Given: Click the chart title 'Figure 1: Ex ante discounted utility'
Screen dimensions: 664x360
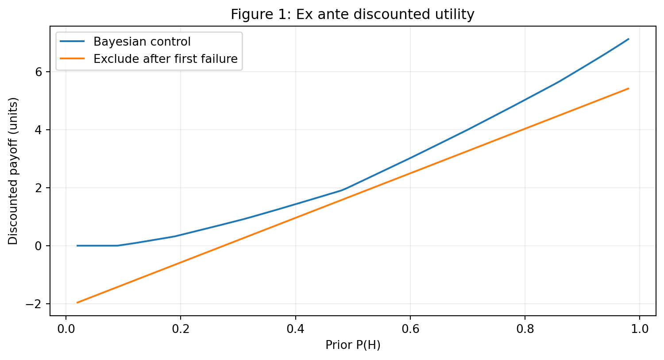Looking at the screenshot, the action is pyautogui.click(x=352, y=14).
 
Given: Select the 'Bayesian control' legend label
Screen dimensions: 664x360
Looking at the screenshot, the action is pyautogui.click(x=142, y=42).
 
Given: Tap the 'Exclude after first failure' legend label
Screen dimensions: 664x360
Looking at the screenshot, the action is pyautogui.click(x=166, y=59).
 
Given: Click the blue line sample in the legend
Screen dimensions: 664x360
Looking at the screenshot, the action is pyautogui.click(x=72, y=41).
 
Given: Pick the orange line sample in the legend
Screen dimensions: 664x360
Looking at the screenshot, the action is pyautogui.click(x=72, y=59).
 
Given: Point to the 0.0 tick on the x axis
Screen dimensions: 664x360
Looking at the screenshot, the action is pyautogui.click(x=66, y=329).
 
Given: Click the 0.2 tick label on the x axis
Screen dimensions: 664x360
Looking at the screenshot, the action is pyautogui.click(x=181, y=329).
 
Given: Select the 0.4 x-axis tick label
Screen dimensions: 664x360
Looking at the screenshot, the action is pyautogui.click(x=296, y=329).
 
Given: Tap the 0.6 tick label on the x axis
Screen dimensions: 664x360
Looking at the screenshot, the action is pyautogui.click(x=410, y=329).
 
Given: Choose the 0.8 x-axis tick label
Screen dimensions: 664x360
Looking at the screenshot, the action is pyautogui.click(x=525, y=329).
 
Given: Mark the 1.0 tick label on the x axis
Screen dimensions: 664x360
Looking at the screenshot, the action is pyautogui.click(x=640, y=329).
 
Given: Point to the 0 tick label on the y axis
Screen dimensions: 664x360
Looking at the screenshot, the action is pyautogui.click(x=38, y=246).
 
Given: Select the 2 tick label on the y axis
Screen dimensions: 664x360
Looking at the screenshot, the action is pyautogui.click(x=38, y=188).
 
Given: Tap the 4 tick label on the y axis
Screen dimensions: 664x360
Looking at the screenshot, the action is pyautogui.click(x=38, y=130).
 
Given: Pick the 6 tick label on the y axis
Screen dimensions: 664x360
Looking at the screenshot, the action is pyautogui.click(x=38, y=72).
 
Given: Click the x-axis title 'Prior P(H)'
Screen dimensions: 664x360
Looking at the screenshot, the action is pyautogui.click(x=353, y=345).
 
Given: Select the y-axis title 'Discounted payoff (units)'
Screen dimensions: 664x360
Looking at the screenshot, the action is pyautogui.click(x=13, y=171).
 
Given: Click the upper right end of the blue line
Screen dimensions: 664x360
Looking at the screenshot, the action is pyautogui.click(x=629, y=39).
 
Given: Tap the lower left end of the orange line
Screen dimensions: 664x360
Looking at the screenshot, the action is pyautogui.click(x=77, y=302).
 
